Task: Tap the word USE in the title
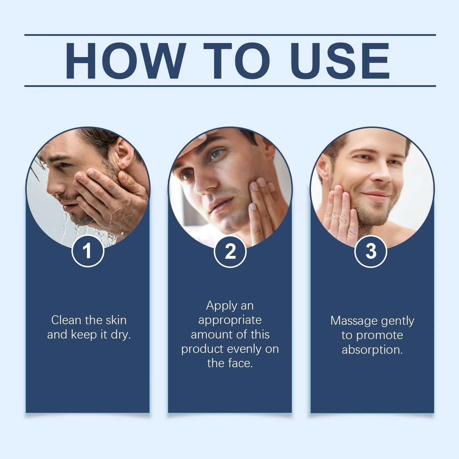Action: coord(340,61)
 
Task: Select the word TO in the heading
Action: coord(237,61)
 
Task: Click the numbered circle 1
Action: coord(87,251)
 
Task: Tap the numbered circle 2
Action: coord(230,252)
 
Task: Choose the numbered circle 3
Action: coord(371,251)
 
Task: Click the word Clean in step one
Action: coord(66,320)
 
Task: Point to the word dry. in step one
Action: coord(121,335)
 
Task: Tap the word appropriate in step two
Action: coord(230,320)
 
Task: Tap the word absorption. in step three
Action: coord(372,350)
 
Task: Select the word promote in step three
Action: coord(380,335)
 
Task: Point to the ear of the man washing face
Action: coord(126,155)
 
